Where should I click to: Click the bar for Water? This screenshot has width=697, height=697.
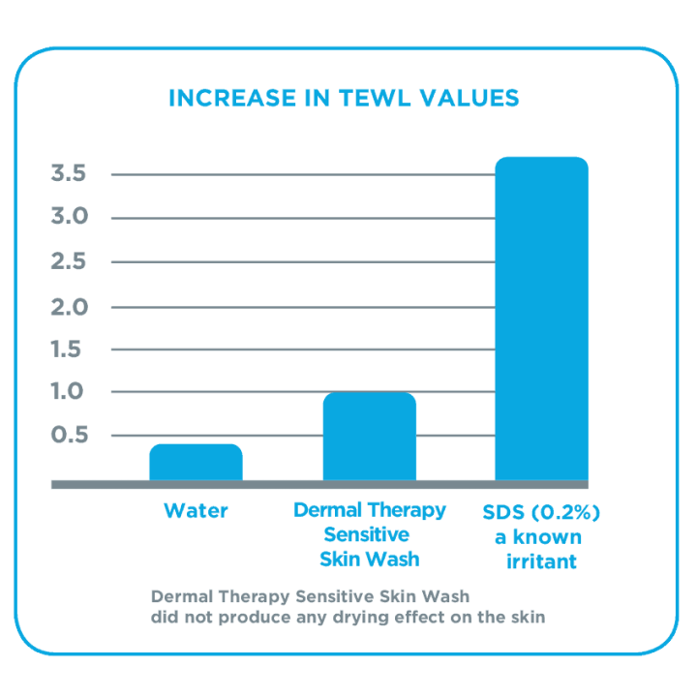point(196,463)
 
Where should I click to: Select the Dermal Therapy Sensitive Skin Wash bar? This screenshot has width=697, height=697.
point(369,437)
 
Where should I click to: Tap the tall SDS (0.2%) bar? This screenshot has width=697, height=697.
point(541,319)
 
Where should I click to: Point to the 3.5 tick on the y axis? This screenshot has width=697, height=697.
point(69,174)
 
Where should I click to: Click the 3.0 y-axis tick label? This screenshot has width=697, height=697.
point(69,217)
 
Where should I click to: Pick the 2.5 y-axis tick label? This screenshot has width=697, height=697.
point(69,262)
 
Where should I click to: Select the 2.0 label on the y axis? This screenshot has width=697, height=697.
point(69,307)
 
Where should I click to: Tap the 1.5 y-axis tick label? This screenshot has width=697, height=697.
point(69,349)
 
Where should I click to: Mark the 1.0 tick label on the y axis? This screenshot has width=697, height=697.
point(69,392)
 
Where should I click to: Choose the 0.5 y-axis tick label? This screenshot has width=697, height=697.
point(69,436)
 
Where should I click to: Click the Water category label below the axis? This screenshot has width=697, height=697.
point(196,510)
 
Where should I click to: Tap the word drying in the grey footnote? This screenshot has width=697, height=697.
point(351,617)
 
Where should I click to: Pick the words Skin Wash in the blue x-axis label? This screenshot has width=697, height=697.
point(369,560)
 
